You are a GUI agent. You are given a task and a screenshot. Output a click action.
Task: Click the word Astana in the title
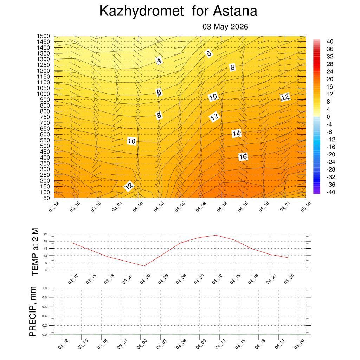coord(235,11)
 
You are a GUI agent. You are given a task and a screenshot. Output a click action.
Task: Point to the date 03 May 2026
coord(225,27)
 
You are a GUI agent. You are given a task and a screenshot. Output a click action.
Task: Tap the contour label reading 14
coord(237,133)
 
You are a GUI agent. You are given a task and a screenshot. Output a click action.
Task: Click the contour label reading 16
coord(243,157)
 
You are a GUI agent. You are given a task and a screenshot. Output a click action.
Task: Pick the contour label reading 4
coord(159,60)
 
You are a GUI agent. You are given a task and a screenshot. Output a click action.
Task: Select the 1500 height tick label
coord(43,36)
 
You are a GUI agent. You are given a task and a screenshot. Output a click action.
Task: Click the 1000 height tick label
coord(43,94)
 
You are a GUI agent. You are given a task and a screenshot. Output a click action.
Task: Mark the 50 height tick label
coord(47,198)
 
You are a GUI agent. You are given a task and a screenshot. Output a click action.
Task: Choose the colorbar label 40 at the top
coord(330,41)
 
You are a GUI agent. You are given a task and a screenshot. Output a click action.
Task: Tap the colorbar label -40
coord(331,192)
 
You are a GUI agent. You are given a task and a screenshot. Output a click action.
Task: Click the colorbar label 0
coord(328,117)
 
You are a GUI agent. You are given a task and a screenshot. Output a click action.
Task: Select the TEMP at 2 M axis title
coord(35,252)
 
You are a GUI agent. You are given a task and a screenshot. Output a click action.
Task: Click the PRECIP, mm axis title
coord(33,311)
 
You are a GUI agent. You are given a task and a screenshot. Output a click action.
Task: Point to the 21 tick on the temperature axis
coord(46,234)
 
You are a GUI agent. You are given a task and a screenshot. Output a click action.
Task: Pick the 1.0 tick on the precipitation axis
coord(45,288)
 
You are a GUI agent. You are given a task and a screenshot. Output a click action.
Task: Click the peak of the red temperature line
coord(216,235)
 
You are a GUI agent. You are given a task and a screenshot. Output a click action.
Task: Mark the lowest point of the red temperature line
coord(144,266)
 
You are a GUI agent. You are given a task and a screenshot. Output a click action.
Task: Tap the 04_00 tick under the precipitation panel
coord(142,344)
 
